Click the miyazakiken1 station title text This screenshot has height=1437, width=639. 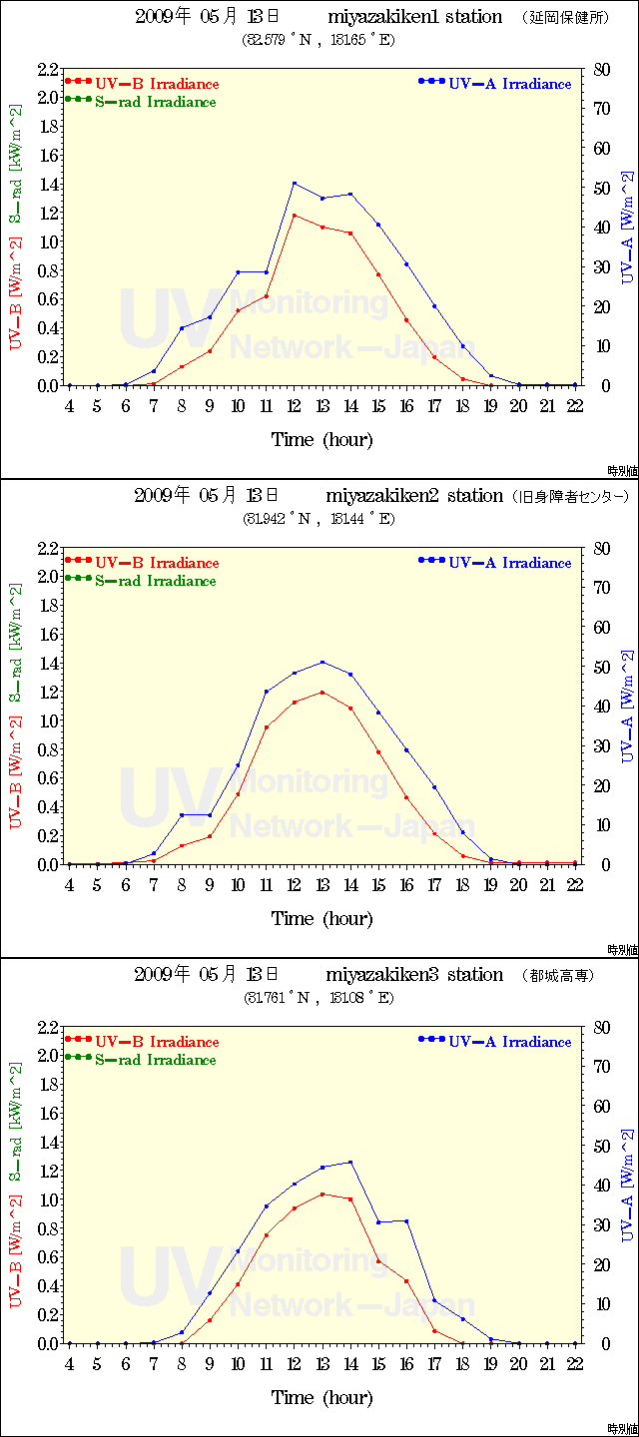click(x=413, y=18)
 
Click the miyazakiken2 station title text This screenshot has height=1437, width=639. click(x=413, y=496)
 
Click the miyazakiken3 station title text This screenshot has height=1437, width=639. click(x=413, y=975)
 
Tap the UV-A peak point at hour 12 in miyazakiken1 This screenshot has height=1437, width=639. click(x=294, y=183)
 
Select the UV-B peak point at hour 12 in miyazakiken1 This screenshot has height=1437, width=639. click(x=294, y=215)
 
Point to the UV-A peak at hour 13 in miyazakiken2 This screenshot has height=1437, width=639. click(x=322, y=662)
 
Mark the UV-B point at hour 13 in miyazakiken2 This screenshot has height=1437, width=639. click(x=322, y=692)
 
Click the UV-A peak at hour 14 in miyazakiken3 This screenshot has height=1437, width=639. click(x=350, y=1162)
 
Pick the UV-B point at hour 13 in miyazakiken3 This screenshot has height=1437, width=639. click(x=322, y=1194)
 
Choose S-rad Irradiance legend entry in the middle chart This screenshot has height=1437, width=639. click(x=155, y=581)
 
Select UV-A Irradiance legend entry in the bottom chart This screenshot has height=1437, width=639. click(x=509, y=1042)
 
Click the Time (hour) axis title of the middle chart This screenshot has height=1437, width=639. click(x=321, y=918)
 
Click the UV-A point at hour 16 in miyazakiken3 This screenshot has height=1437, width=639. click(x=406, y=1220)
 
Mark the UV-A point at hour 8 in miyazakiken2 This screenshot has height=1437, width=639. click(x=182, y=815)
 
